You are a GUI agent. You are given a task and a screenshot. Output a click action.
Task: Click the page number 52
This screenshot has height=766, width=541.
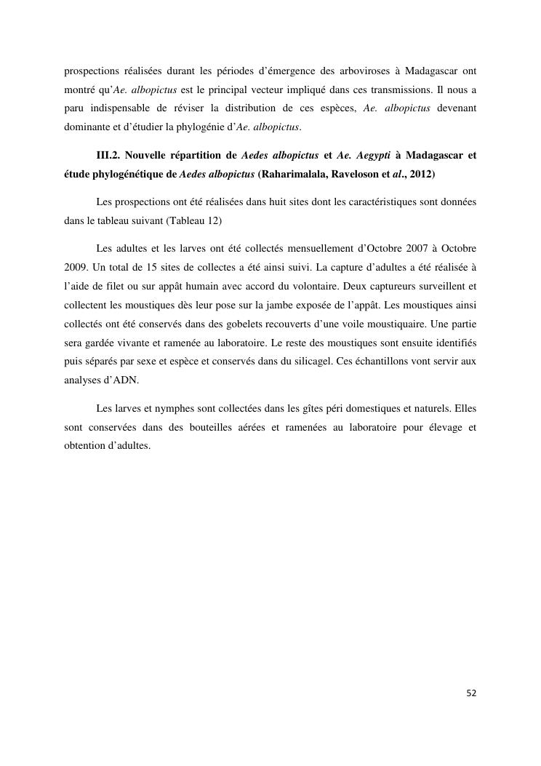(471, 693)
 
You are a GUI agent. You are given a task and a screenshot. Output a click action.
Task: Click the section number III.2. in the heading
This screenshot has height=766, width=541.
(109, 156)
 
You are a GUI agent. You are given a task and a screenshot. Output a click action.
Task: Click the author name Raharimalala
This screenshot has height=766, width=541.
(299, 175)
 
